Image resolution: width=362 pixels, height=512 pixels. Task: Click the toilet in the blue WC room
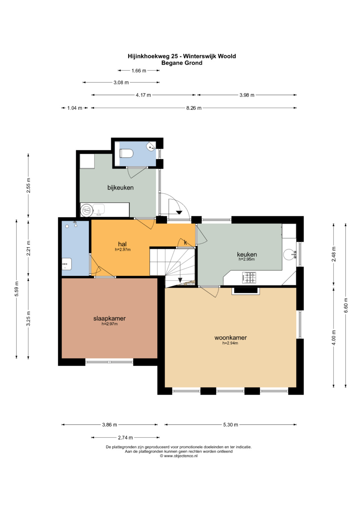(126, 153)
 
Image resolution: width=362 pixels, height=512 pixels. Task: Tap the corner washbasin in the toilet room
(151, 146)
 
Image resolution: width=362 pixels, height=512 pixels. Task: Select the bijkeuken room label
(120, 187)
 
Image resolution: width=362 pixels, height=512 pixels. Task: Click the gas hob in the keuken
(249, 278)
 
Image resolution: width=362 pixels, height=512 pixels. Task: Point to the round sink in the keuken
(289, 254)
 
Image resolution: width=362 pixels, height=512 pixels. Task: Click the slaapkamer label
(110, 318)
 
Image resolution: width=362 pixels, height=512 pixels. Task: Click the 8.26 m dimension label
(194, 108)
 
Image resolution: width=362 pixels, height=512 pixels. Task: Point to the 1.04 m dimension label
(74, 108)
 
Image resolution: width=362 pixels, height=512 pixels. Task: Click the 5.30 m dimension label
(230, 425)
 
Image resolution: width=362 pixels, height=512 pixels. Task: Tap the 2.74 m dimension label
(125, 438)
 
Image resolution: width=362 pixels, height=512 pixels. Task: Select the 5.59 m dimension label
(16, 289)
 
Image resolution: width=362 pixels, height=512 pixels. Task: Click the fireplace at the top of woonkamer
(246, 291)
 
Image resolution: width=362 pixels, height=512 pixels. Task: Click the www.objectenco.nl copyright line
(178, 456)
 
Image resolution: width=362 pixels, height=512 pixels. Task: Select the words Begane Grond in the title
(182, 63)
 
